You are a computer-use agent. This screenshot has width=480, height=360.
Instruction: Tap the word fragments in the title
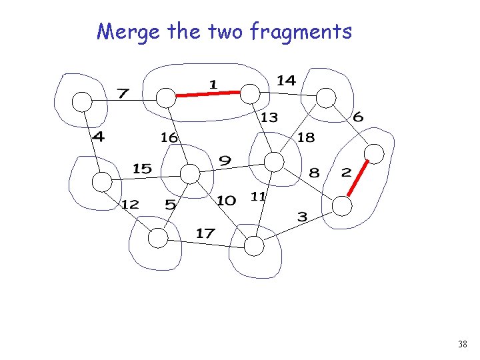[301, 31]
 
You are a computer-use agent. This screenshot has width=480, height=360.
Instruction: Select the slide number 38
[462, 345]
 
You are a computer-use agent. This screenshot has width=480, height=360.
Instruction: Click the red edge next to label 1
[207, 95]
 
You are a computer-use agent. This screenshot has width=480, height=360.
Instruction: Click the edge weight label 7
[123, 93]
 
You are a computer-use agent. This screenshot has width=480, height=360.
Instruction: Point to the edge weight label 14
[286, 81]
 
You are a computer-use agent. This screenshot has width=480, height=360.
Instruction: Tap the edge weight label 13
[269, 118]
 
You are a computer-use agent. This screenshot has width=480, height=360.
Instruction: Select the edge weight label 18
[306, 137]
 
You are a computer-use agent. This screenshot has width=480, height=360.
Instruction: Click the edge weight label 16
[169, 137]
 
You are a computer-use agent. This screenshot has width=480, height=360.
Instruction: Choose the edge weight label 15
[142, 169]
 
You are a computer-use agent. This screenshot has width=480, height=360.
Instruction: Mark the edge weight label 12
[130, 204]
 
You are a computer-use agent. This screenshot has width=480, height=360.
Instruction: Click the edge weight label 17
[205, 233]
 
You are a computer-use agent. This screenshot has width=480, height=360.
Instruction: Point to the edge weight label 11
[259, 197]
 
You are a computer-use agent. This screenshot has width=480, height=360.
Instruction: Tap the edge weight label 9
[225, 161]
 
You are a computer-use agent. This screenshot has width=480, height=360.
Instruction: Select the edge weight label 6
[358, 117]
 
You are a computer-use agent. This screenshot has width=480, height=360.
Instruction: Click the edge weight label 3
[302, 217]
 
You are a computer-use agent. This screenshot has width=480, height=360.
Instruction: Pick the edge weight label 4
[99, 137]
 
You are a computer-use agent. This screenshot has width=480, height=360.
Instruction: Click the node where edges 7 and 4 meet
[81, 101]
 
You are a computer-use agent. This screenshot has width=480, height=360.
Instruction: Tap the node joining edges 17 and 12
[157, 238]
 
